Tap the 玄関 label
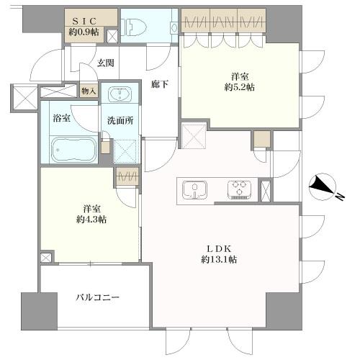(x=107, y=63)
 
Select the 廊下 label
(x=160, y=84)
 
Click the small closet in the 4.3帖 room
(x=126, y=176)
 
